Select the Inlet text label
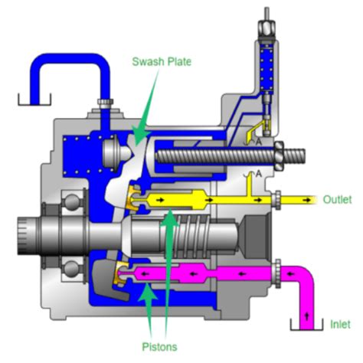(x=341, y=325)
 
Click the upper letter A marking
(x=258, y=142)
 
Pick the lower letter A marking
(x=258, y=174)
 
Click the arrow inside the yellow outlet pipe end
(x=306, y=201)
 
